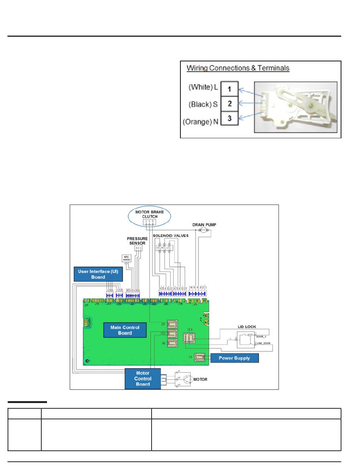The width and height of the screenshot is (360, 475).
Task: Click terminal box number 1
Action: pyautogui.click(x=230, y=89)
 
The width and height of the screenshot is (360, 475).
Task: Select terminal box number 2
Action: pyautogui.click(x=230, y=103)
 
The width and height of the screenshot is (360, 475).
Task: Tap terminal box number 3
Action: pyautogui.click(x=230, y=118)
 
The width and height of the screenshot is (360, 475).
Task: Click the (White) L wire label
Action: pyautogui.click(x=203, y=87)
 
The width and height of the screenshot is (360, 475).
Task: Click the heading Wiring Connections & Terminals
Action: pyautogui.click(x=238, y=69)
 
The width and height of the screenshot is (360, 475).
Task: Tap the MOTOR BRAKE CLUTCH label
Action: pyautogui.click(x=150, y=214)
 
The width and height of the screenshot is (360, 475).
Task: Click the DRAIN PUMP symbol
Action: pyautogui.click(x=203, y=230)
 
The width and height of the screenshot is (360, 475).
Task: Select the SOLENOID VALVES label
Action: pyautogui.click(x=171, y=236)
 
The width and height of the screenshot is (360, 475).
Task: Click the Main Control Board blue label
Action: pyautogui.click(x=125, y=330)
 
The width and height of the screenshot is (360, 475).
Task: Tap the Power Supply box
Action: pyautogui.click(x=235, y=358)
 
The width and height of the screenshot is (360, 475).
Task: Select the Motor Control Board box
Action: pyautogui.click(x=143, y=379)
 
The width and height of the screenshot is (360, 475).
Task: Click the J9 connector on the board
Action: pyautogui.click(x=172, y=324)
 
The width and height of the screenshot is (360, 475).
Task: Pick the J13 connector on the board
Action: pyautogui.click(x=189, y=337)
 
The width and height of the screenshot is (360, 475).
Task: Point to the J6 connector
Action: pyautogui.click(x=172, y=343)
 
